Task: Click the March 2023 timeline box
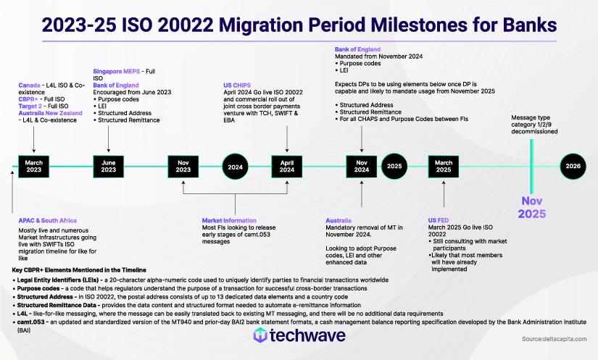tap(34, 166)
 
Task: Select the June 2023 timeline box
tap(108, 166)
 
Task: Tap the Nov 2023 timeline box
tap(183, 166)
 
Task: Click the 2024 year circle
tap(236, 166)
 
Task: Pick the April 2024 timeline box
tap(288, 166)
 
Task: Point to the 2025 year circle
tap(394, 166)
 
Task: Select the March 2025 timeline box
tap(443, 166)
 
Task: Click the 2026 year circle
tap(573, 166)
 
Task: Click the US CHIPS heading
tap(238, 85)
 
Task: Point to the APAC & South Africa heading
tap(48, 220)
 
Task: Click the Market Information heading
tap(229, 220)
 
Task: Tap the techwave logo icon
tap(261, 335)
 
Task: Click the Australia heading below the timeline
tap(339, 218)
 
